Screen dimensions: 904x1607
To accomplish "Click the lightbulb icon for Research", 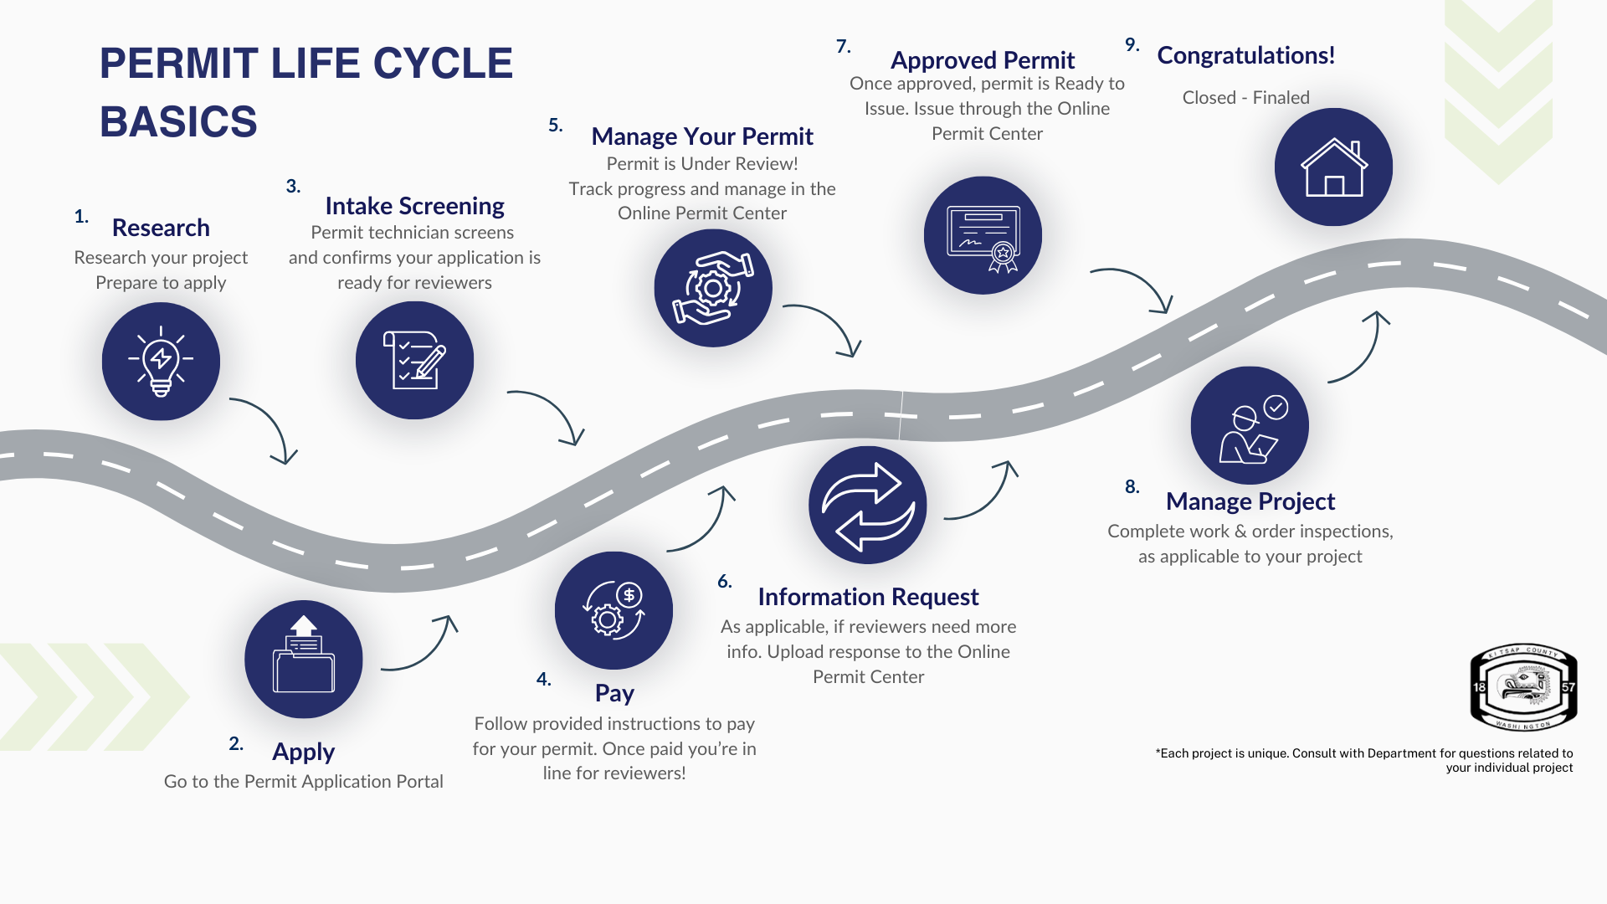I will (161, 361).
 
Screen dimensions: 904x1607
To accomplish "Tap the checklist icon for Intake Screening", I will (414, 360).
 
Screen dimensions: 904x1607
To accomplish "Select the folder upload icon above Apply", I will (303, 659).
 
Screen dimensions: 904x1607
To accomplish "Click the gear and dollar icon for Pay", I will (614, 610).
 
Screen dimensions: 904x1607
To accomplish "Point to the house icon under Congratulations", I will (1333, 167).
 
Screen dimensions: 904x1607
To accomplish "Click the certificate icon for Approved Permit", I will (983, 235).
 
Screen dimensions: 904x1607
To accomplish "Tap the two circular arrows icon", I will (868, 505).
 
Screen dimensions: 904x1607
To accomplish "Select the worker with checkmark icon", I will (1250, 425).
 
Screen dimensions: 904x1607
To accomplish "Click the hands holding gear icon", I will (713, 288).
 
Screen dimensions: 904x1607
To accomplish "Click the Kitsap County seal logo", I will (1523, 687).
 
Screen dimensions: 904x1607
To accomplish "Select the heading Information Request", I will (868, 597).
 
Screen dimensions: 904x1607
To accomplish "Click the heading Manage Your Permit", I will (702, 136).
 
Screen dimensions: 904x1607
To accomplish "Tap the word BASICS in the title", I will (178, 122).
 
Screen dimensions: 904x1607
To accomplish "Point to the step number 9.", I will (1132, 45).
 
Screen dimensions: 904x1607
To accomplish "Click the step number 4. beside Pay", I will (544, 680).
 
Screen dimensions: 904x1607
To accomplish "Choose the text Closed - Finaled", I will (1245, 98).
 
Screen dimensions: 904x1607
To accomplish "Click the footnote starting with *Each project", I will (1364, 760).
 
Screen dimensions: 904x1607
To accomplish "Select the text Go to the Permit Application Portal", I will (303, 782).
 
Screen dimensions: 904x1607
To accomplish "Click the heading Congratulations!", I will (1245, 55).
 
